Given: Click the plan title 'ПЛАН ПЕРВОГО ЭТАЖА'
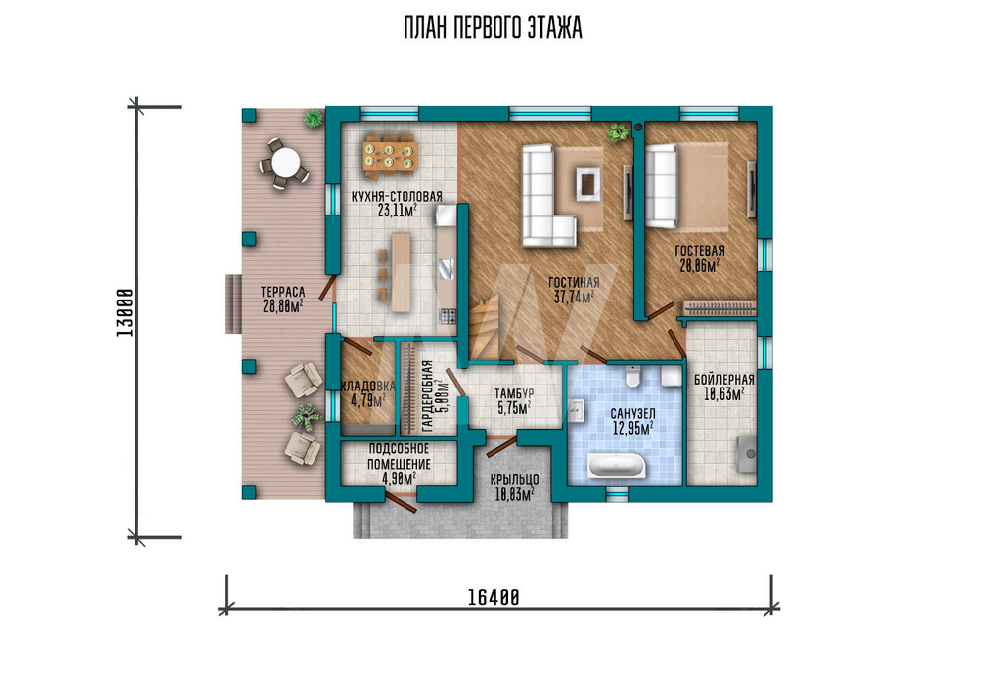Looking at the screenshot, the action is coord(493,28).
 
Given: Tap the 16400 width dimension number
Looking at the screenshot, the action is coord(494,597).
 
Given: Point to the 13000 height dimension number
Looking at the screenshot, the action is coord(125,312).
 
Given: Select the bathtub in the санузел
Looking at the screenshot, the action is coord(617,466).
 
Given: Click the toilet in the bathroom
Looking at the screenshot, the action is coord(633,376).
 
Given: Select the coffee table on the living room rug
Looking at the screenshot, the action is coord(587,184).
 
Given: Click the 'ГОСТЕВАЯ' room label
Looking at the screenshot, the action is coord(699,251).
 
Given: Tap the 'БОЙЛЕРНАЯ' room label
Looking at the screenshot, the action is coord(724,380).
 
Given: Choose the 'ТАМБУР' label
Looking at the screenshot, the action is coord(514,394).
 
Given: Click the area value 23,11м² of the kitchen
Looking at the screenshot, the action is coord(398,211).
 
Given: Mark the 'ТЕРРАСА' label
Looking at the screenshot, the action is coord(283,293).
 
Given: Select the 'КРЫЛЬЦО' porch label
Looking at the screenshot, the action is coord(514,480).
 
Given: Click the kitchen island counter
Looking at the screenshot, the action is coord(401,272).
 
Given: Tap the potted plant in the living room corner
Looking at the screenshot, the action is coord(617,132).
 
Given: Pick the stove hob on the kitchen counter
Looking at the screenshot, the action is coord(447,316).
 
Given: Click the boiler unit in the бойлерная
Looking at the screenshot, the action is coord(747,453).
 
